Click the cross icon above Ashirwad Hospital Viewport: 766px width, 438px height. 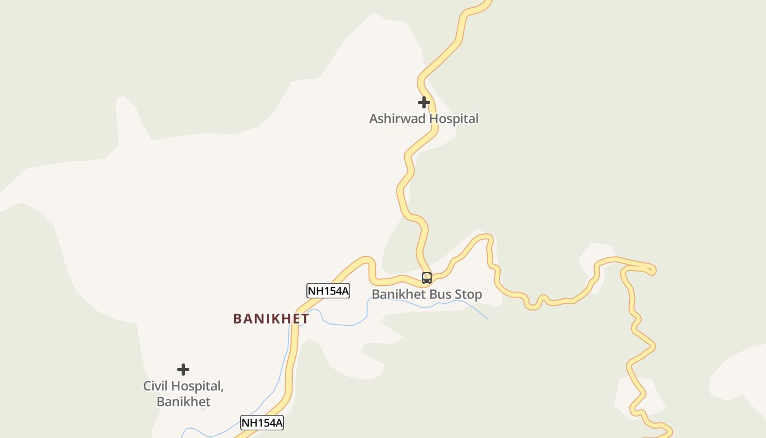tap(423, 102)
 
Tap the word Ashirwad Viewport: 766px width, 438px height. tap(397, 119)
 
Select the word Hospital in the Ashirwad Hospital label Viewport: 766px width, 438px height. tap(454, 119)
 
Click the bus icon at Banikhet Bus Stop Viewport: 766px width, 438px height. tap(427, 278)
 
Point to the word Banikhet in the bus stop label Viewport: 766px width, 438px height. tap(399, 295)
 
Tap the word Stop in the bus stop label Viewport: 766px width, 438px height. tap(468, 295)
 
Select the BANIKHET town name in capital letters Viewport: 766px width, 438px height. tap(271, 319)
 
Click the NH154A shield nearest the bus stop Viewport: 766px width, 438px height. tap(328, 291)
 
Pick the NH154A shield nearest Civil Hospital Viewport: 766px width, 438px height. tap(262, 423)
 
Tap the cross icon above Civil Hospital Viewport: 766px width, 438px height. tap(183, 370)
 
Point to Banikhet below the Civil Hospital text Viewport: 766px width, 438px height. tap(183, 402)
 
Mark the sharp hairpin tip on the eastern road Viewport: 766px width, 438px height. tap(653, 270)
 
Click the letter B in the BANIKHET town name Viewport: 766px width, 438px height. tap(237, 319)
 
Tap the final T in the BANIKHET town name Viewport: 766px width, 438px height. tap(305, 319)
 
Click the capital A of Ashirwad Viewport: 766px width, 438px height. tap(374, 119)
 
